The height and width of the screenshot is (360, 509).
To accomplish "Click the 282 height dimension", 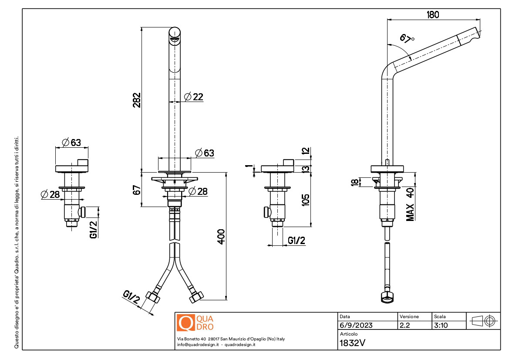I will (x=136, y=101).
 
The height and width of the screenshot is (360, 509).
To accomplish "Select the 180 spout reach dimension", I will (x=432, y=14).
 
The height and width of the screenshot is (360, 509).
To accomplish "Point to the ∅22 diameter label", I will (x=194, y=97).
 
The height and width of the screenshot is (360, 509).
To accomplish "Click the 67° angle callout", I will (x=407, y=39).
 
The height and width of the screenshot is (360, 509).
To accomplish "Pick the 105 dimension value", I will (x=306, y=199).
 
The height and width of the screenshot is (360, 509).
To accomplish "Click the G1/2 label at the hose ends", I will (x=131, y=298).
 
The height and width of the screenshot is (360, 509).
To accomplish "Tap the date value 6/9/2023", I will (x=356, y=325).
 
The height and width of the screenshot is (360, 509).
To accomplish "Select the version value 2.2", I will (x=405, y=325).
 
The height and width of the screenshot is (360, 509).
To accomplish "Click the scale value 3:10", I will (x=441, y=325).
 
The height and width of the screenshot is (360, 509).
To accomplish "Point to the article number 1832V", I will (x=352, y=343).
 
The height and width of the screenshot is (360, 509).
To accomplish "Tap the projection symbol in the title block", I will (x=483, y=321).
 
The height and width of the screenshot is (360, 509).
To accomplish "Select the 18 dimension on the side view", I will (x=355, y=182).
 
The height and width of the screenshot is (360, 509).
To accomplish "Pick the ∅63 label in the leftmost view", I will (x=72, y=143).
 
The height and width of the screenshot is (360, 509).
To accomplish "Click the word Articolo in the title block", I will (x=348, y=334).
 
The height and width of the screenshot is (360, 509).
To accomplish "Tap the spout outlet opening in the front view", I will (x=175, y=40).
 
